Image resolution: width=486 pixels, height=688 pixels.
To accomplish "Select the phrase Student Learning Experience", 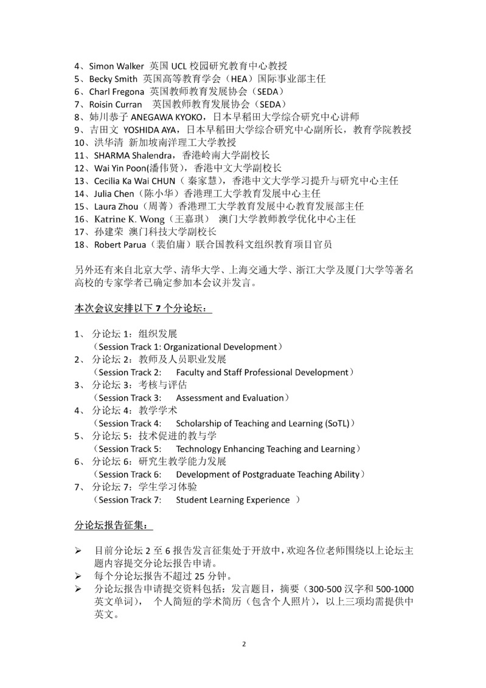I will (232, 500).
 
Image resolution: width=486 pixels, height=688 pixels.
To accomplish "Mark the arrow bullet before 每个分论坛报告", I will (78, 576).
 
